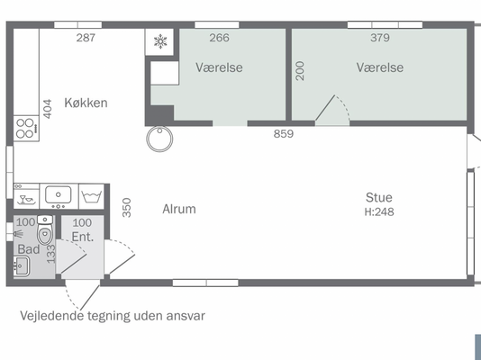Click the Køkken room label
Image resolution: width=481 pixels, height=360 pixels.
[86, 103]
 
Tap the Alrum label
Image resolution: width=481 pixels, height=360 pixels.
[179, 209]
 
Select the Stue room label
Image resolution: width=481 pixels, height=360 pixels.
[379, 198]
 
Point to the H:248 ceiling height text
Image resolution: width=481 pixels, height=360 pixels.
[379, 212]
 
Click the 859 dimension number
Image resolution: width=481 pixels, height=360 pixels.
[284, 134]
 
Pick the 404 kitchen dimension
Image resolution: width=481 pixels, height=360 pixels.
[48, 109]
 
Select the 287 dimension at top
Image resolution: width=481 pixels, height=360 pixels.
[86, 38]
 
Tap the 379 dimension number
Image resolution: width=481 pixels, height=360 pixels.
[380, 38]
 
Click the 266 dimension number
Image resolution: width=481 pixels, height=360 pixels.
[220, 38]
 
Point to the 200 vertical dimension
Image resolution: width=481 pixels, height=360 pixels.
[300, 71]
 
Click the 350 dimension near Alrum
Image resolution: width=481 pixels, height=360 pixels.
[127, 207]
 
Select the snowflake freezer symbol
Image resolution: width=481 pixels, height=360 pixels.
[160, 41]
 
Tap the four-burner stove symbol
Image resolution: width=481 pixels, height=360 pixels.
[26, 129]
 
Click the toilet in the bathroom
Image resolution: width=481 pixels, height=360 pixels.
[45, 229]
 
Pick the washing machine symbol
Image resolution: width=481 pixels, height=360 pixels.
[91, 196]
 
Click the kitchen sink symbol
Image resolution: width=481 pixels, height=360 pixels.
[59, 196]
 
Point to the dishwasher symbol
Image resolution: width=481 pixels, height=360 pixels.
[26, 196]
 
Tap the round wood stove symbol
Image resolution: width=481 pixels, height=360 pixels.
[159, 139]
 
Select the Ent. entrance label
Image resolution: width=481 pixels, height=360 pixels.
[82, 237]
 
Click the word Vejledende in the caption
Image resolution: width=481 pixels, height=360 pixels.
[52, 316]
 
